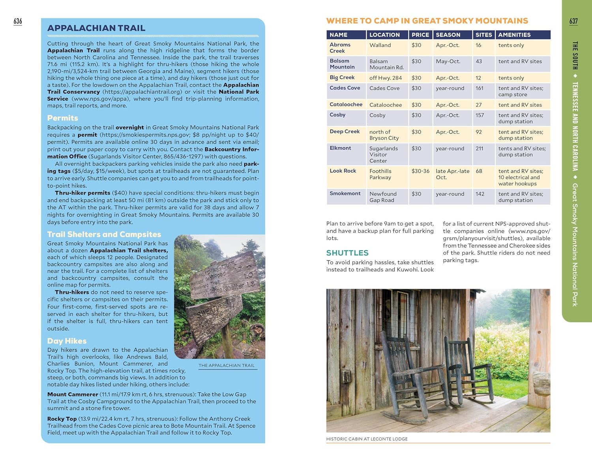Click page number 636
click(18, 21)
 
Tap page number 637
click(573, 21)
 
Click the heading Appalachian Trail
click(96, 28)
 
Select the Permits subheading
click(63, 118)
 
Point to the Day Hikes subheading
click(67, 341)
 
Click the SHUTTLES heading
click(347, 253)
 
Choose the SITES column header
click(483, 35)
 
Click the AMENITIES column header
click(514, 35)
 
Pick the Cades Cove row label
click(345, 88)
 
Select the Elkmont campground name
click(340, 148)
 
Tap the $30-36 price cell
click(420, 171)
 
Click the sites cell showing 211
click(480, 149)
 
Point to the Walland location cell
click(380, 45)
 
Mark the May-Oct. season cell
click(448, 62)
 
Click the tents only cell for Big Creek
click(511, 78)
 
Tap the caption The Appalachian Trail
click(227, 366)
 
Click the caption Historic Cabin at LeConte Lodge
click(367, 439)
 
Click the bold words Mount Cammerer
click(73, 394)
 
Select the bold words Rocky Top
click(62, 419)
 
